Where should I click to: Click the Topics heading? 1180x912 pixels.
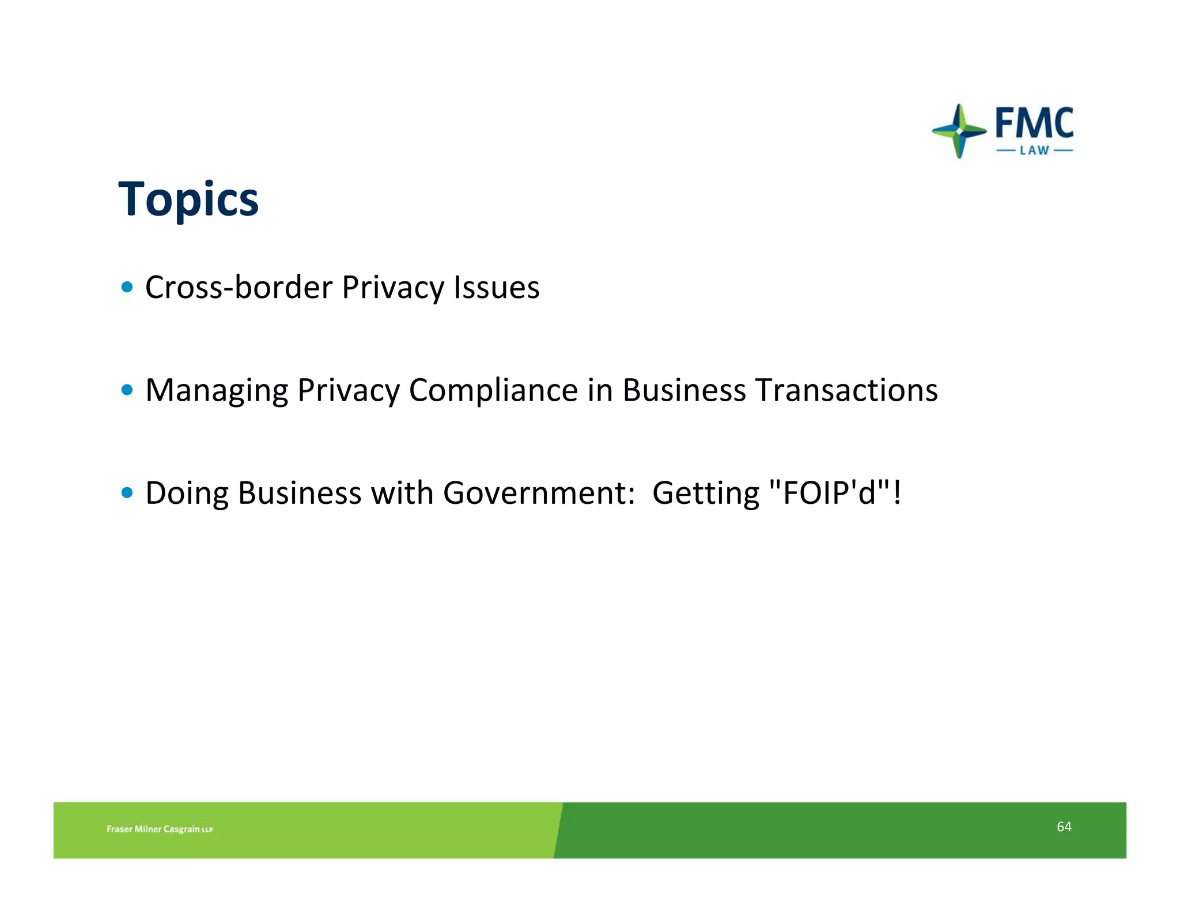[188, 199]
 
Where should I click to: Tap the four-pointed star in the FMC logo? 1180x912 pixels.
[959, 131]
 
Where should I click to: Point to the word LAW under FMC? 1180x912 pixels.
[1034, 150]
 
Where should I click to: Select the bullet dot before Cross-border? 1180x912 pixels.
[127, 287]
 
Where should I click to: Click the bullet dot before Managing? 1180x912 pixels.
[127, 390]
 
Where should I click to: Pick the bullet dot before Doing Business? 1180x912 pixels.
[127, 492]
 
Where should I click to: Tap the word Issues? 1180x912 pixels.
[497, 287]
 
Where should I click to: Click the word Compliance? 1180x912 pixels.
[493, 390]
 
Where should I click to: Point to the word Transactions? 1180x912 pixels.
[846, 390]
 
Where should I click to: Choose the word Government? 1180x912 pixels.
[539, 493]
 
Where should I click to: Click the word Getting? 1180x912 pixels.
[706, 493]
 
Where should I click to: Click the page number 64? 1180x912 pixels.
[1064, 827]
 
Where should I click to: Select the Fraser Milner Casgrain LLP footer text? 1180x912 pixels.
[160, 829]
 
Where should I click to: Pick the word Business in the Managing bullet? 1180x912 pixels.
[684, 390]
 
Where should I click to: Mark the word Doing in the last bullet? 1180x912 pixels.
[187, 493]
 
